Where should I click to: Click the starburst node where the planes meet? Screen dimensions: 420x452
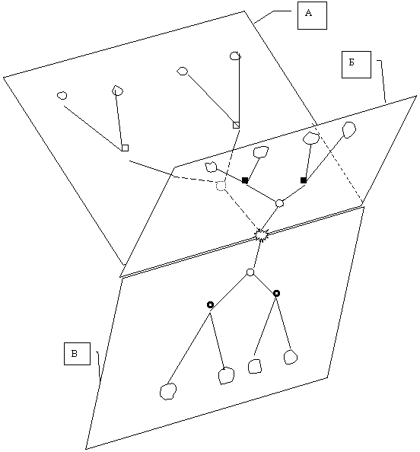262,234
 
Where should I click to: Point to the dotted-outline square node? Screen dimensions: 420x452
221,186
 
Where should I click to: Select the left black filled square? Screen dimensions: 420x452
245,180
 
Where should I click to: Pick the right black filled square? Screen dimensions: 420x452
304,180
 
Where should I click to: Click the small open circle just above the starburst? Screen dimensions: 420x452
279,203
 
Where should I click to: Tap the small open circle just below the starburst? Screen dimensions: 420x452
250,272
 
